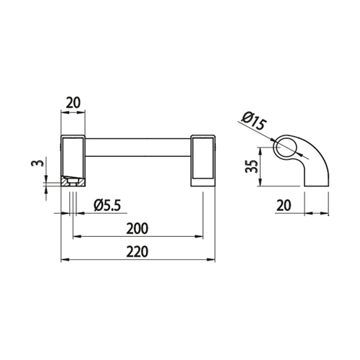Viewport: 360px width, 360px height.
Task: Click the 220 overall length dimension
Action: point(138,252)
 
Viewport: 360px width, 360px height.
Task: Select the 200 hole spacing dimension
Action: point(138,229)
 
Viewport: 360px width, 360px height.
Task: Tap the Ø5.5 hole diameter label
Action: point(107,205)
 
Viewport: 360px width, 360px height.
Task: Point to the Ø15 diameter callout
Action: point(254,121)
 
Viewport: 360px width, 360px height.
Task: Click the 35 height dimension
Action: point(251,166)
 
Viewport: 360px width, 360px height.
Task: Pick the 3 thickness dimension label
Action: point(37,163)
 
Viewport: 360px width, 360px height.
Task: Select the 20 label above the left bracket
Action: point(73,103)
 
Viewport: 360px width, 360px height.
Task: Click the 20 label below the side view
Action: point(284,205)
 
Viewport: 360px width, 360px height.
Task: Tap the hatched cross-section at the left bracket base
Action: point(73,181)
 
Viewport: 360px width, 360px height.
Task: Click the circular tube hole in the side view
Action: point(286,148)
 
